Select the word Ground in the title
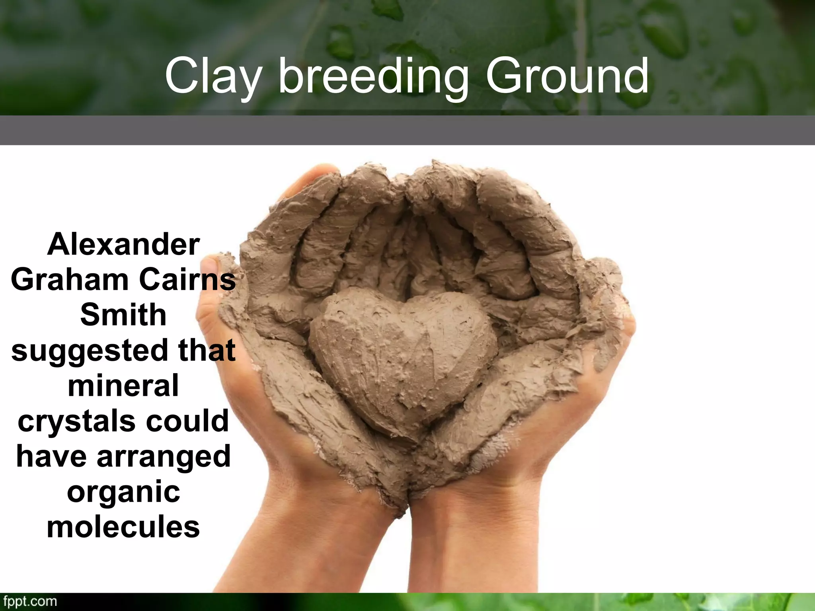(567, 76)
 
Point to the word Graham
(70, 280)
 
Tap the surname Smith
(123, 315)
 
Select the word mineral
(123, 386)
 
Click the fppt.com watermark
(30, 601)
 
